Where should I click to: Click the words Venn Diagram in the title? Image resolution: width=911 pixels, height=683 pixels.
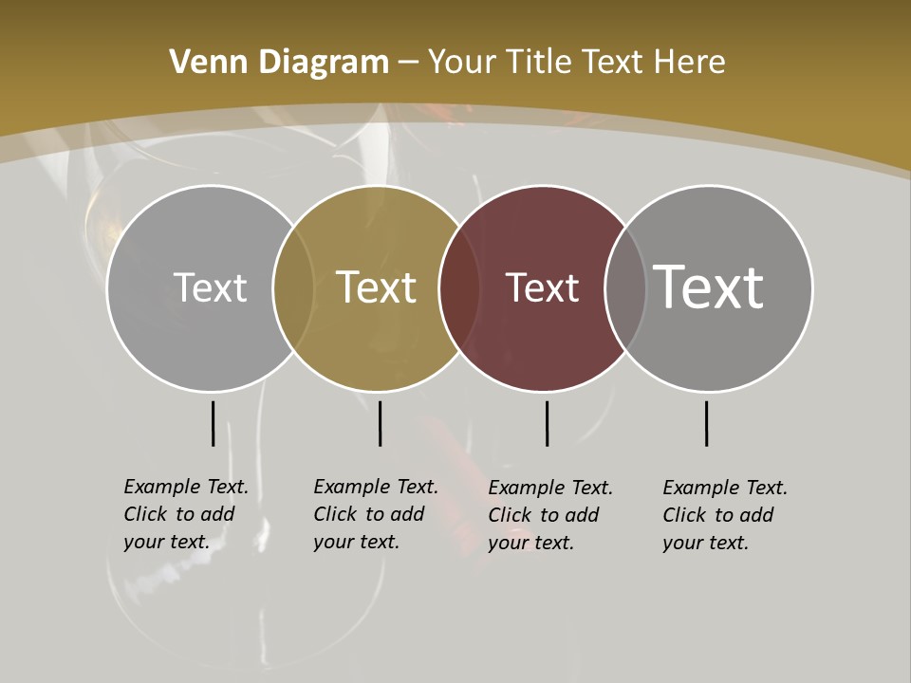tap(279, 63)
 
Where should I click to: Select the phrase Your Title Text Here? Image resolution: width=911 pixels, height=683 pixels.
tap(576, 63)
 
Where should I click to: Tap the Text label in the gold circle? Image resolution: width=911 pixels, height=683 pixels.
tap(377, 287)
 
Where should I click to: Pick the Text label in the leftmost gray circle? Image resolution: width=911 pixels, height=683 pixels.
tap(210, 287)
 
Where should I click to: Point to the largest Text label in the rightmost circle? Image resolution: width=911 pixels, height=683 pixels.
tap(709, 286)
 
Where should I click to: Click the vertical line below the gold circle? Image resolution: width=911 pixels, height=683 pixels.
tap(380, 423)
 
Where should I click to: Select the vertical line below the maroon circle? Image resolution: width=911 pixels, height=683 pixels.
tap(547, 423)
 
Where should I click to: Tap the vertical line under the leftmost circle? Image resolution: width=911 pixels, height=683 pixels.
tap(213, 423)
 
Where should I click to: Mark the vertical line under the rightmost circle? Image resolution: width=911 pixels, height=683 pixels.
tap(706, 423)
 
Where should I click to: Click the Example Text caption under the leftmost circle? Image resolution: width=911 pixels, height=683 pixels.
tap(185, 514)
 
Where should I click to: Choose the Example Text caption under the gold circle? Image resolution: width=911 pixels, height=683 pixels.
tap(375, 514)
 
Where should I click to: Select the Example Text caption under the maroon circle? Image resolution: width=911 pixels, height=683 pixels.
tap(549, 515)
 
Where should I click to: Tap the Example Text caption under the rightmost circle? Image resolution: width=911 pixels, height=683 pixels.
tap(724, 515)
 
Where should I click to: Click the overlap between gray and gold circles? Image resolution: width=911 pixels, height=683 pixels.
tap(293, 288)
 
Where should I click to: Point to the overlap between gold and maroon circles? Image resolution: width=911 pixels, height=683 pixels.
tap(459, 288)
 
